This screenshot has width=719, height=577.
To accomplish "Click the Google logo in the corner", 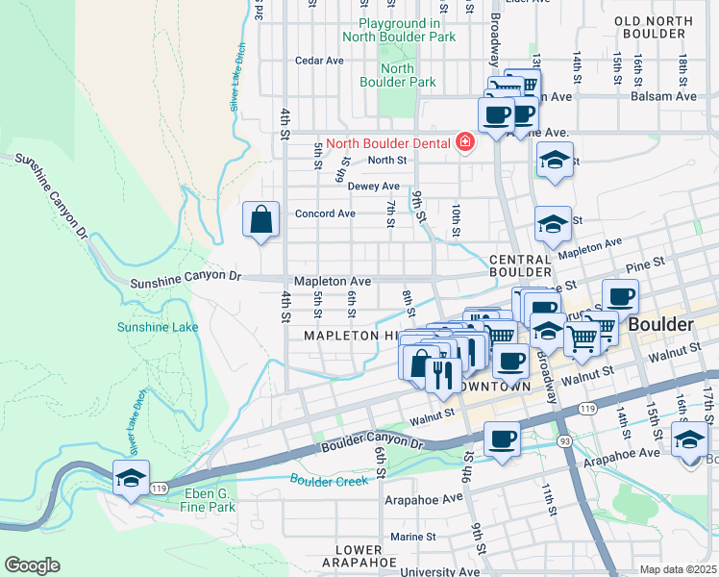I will click(x=32, y=565).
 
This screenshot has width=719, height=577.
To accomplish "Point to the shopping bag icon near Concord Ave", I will click(x=261, y=219).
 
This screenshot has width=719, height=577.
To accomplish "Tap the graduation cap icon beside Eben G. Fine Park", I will click(x=131, y=476).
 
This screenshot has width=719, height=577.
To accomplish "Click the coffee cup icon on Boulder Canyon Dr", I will click(x=502, y=439).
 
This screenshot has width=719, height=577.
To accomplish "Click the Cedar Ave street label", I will click(x=320, y=60).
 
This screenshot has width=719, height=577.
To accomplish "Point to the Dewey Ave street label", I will click(x=373, y=186).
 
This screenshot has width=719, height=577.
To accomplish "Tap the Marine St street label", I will click(x=413, y=537).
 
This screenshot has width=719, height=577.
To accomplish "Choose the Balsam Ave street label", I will click(x=663, y=96).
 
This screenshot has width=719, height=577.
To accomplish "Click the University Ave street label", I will click(x=439, y=571).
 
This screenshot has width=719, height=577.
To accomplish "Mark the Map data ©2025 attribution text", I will click(x=677, y=569).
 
